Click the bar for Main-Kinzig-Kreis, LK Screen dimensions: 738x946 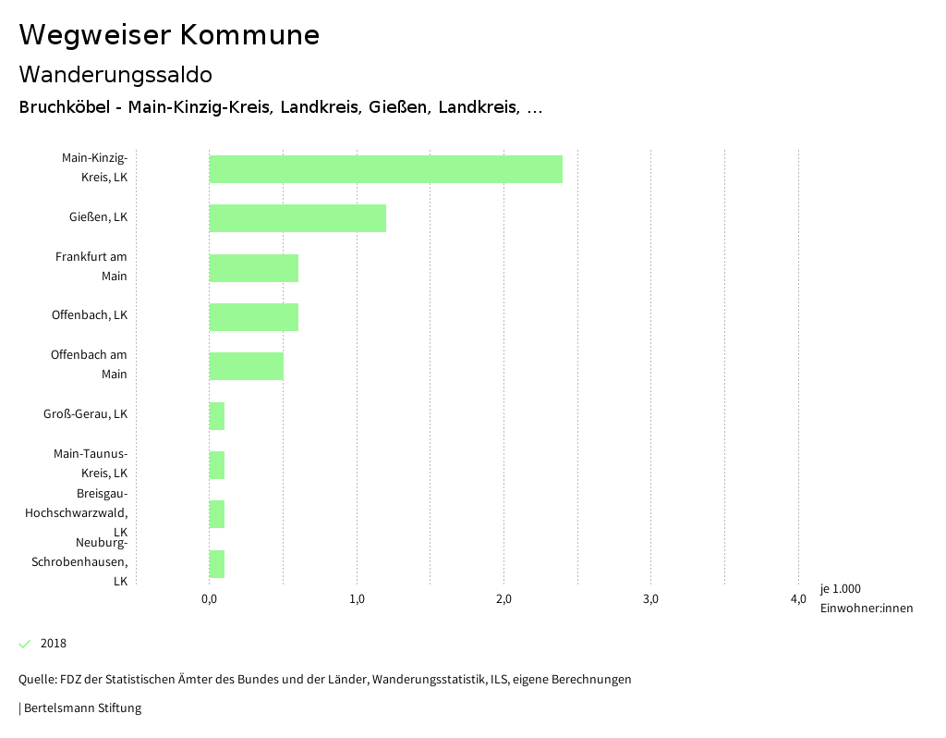point(385,169)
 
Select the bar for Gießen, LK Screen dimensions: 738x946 point(297,218)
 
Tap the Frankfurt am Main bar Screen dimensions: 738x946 point(253,268)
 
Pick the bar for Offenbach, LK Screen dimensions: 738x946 point(253,317)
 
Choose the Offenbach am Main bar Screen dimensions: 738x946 point(246,366)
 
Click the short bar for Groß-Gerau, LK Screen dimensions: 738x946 point(217,416)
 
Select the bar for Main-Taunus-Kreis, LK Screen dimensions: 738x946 point(217,465)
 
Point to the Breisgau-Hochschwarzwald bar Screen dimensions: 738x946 point(217,514)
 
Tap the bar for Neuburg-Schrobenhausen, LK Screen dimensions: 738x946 point(217,564)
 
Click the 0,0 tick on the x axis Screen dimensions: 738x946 point(209,599)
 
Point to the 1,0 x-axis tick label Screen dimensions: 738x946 point(357,599)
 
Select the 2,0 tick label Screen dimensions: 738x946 point(503,599)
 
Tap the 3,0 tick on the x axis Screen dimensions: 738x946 point(650,599)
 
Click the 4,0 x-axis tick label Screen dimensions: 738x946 point(798,599)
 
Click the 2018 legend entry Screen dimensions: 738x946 point(53,644)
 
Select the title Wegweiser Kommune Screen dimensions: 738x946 point(169,35)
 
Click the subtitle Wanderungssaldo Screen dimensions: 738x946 point(115,74)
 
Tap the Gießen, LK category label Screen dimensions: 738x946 point(98,217)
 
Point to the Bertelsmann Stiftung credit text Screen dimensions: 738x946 point(81,708)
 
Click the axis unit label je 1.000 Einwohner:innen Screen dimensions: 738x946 point(866,598)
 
